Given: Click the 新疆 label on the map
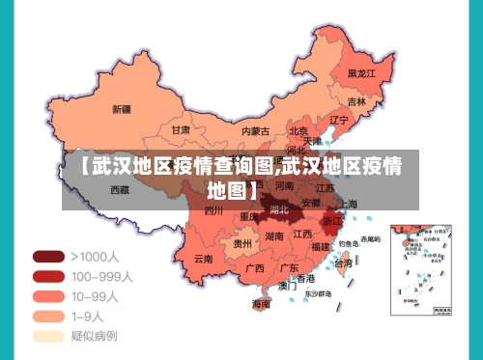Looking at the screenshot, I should click(x=122, y=108).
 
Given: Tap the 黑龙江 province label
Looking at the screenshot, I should click(x=361, y=72).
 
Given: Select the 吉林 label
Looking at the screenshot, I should click(x=356, y=100).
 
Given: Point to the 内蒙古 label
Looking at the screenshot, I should click(x=256, y=130).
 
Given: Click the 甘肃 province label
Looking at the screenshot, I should click(x=181, y=129).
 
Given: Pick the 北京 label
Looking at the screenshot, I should click(x=298, y=131).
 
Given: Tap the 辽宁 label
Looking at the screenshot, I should click(x=338, y=121).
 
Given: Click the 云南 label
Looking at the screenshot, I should click(x=203, y=259).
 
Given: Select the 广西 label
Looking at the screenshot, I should click(x=255, y=268).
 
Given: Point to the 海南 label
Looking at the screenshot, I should click(x=262, y=303).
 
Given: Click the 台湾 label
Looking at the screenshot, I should click(x=343, y=263).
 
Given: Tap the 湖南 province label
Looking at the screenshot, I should click(x=274, y=236).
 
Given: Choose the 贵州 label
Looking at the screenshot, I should click(x=241, y=245).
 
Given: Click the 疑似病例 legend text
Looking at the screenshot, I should click(x=94, y=336).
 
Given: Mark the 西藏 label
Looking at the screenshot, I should click(x=120, y=190).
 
